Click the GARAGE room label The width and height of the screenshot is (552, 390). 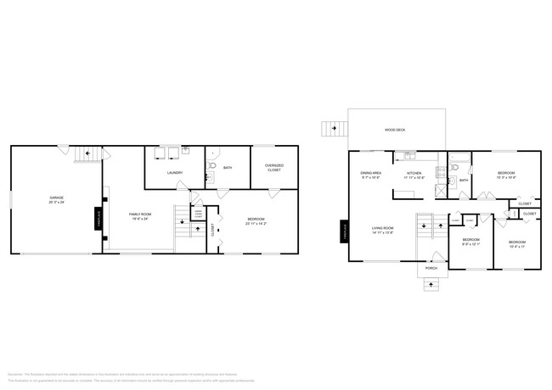[56, 198]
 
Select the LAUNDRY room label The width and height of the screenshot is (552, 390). [175, 173]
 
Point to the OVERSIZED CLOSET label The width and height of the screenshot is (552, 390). [273, 168]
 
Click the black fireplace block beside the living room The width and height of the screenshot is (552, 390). [345, 231]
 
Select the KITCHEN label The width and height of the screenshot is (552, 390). [414, 174]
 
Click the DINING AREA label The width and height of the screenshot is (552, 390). [371, 173]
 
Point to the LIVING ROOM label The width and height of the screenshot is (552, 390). [383, 227]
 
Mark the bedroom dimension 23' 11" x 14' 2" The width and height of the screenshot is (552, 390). [256, 224]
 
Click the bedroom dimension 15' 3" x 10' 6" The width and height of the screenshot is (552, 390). [506, 178]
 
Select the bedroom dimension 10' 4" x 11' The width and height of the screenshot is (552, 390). [517, 248]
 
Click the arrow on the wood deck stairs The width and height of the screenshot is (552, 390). [335, 128]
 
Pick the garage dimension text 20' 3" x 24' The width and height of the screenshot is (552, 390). [56, 203]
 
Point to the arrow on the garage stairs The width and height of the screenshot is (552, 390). [84, 155]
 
